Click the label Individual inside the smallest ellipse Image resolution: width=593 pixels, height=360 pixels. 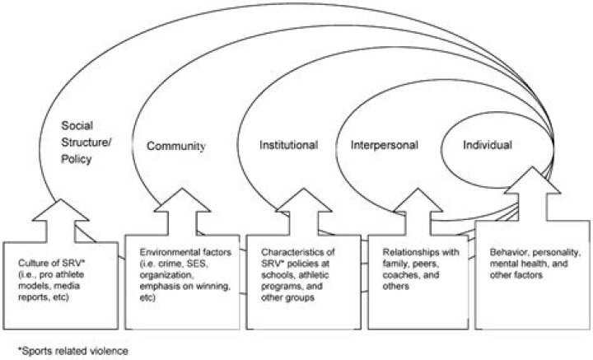pyautogui.click(x=487, y=144)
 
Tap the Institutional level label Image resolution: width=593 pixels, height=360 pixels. pyautogui.click(x=289, y=145)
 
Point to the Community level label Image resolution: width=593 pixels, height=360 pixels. pyautogui.click(x=175, y=147)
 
